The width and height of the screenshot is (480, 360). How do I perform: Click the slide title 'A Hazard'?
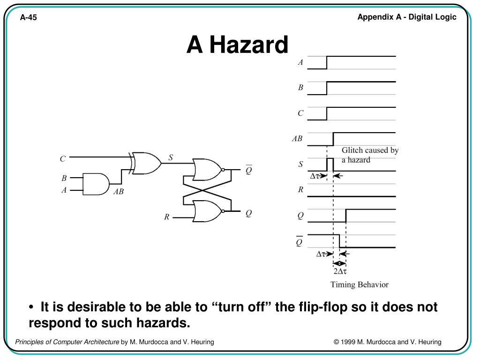point(237,45)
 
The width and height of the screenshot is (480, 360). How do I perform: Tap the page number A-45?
point(28,18)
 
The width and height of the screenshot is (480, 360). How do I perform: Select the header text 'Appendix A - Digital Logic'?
point(406,17)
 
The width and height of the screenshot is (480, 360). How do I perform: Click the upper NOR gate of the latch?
point(206,170)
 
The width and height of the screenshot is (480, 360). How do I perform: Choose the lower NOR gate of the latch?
point(206,211)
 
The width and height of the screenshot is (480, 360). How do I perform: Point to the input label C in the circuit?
point(62,159)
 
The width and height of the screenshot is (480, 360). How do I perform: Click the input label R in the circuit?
point(166,217)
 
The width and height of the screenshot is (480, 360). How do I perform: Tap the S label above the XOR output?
point(171,157)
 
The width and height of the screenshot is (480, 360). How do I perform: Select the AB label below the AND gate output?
point(118,191)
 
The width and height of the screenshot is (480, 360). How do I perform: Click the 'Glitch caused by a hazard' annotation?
point(369,155)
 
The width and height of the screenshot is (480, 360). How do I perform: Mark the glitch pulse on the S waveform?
point(330,164)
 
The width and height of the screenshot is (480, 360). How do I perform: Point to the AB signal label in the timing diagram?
point(297,139)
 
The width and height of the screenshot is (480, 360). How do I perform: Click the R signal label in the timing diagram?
point(300,190)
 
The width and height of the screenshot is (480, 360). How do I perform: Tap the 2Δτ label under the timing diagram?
point(340,271)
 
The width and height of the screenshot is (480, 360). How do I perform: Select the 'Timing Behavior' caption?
point(359,285)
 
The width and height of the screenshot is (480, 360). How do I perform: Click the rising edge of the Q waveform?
point(346,215)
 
